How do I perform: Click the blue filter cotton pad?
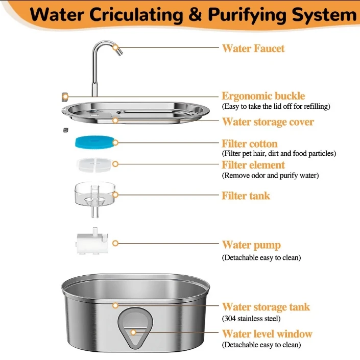coord(94,142)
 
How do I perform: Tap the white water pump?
coord(92,241)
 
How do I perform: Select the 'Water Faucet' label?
coord(253,49)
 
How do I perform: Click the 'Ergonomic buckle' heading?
coord(263,96)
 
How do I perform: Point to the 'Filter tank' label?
coord(246,196)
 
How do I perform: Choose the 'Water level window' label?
coord(267,333)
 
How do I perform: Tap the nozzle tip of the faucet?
coord(119,53)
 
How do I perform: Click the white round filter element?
coord(94,164)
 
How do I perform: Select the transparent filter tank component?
coord(95,199)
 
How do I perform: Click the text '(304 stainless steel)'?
coord(251,319)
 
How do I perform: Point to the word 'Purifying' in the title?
coord(247,15)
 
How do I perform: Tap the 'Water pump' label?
coord(251,245)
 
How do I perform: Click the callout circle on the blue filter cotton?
coord(115,142)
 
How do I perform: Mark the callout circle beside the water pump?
coord(115,243)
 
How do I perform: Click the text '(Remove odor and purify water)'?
coord(270,176)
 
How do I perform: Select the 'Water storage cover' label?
coord(268,122)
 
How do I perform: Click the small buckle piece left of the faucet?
coord(65,97)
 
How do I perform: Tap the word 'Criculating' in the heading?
coord(136,15)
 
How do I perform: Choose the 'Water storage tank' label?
coord(266,307)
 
